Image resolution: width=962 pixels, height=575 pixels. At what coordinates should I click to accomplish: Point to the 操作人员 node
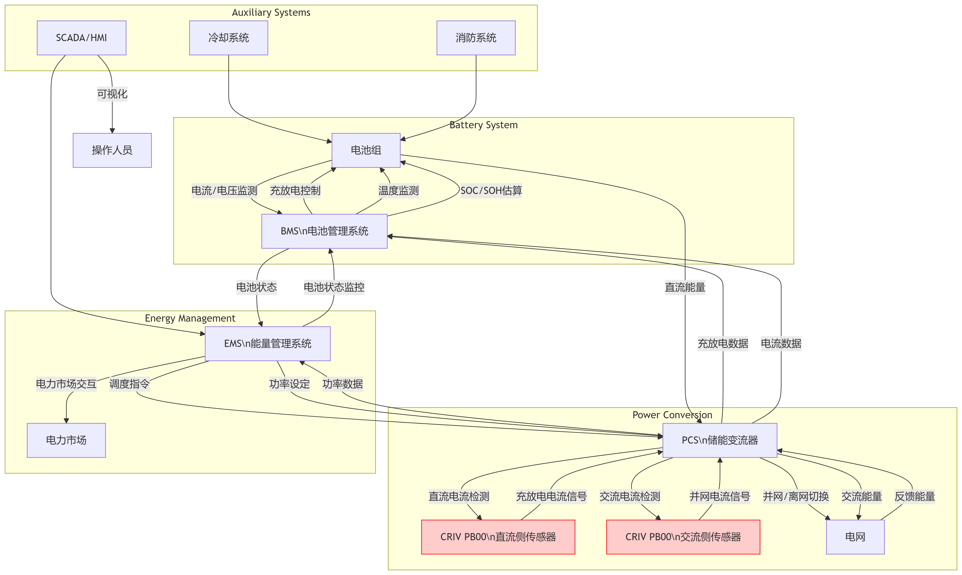[112, 150]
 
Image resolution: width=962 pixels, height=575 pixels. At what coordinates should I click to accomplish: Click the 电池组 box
[366, 150]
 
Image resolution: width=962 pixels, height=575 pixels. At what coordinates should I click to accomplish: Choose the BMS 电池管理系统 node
[324, 231]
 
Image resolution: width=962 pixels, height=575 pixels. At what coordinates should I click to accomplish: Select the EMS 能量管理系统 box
[267, 344]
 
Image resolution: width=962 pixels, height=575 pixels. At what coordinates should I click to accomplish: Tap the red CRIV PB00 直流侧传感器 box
[498, 537]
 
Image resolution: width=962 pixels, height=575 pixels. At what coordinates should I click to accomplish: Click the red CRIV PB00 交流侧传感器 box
[683, 537]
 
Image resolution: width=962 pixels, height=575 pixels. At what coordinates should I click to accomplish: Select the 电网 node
[855, 537]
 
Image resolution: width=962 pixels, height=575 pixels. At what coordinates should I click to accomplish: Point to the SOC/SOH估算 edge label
[491, 191]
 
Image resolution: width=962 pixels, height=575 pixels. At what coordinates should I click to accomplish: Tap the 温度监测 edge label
[398, 191]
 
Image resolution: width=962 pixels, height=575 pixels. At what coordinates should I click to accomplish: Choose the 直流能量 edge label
[685, 287]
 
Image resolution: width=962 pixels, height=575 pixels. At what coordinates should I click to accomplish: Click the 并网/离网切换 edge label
[796, 496]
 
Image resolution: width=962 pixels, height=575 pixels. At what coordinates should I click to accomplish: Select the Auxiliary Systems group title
[271, 12]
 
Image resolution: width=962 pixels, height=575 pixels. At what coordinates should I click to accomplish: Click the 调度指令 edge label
[129, 384]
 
